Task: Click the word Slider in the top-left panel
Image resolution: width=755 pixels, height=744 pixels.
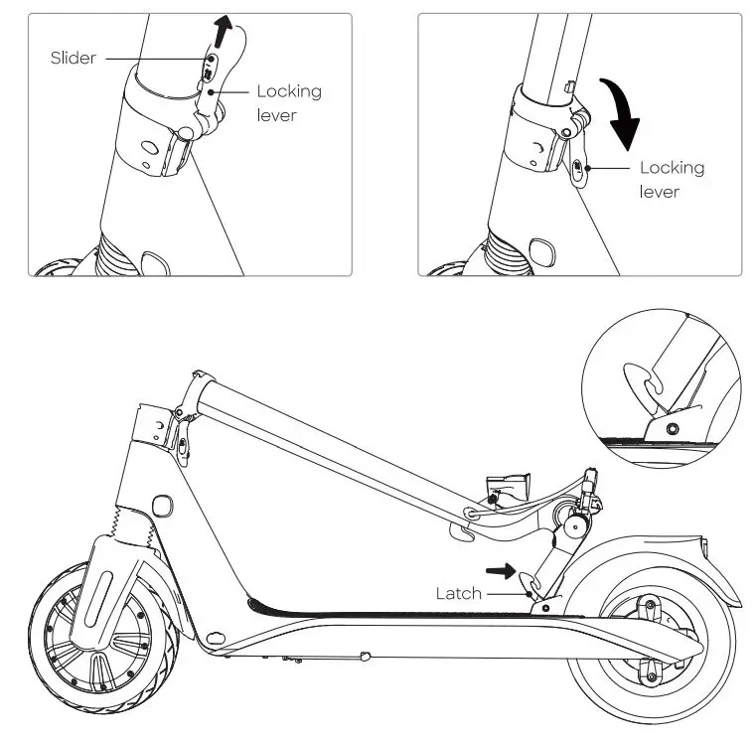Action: point(74,58)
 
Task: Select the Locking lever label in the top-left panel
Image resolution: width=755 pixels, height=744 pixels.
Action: point(289,102)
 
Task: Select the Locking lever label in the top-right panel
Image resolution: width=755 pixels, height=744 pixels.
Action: point(672,179)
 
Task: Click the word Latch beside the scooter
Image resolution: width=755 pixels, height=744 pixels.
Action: point(458,594)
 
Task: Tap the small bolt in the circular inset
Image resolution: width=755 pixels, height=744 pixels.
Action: point(675,428)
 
